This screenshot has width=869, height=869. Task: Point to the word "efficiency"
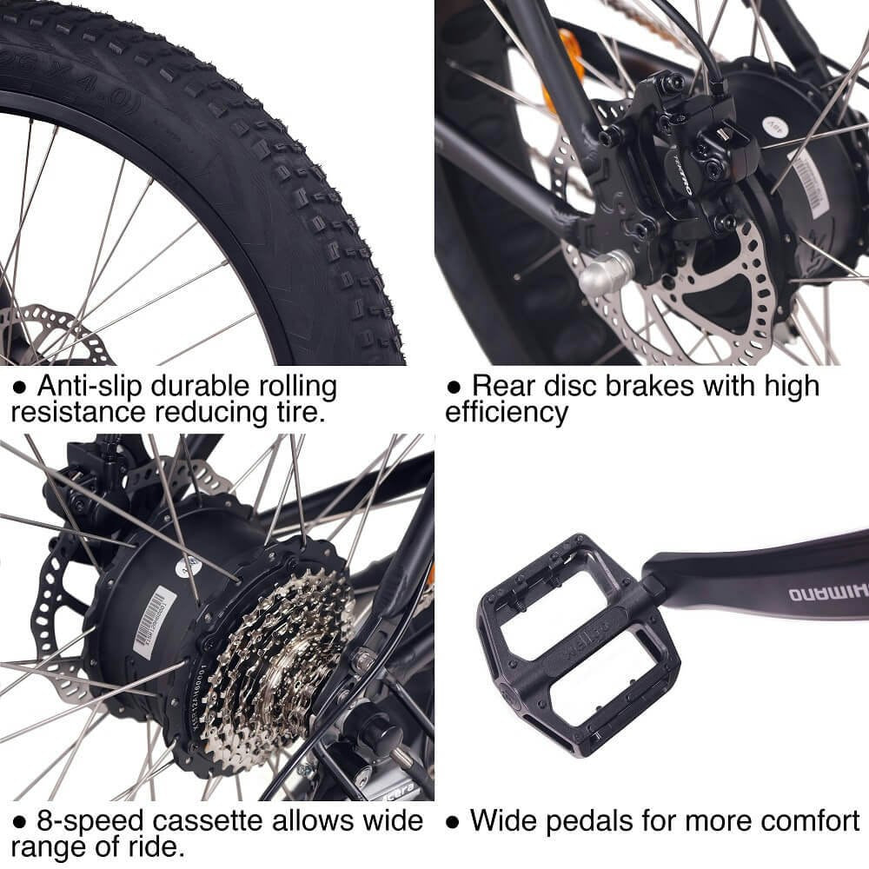[x=507, y=412]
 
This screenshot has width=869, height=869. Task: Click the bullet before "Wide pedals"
[x=452, y=821]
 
